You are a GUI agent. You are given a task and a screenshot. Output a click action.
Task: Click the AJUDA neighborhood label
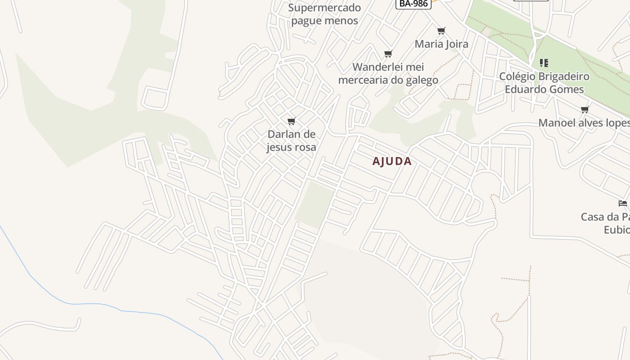pyautogui.click(x=392, y=162)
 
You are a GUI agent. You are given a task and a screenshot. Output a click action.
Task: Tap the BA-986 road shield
pyautogui.click(x=413, y=4)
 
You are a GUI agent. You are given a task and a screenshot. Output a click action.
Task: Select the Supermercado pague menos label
pyautogui.click(x=324, y=14)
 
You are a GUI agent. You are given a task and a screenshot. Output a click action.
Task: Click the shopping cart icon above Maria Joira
pyautogui.click(x=441, y=31)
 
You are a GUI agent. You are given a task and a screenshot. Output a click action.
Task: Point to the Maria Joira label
pyautogui.click(x=441, y=44)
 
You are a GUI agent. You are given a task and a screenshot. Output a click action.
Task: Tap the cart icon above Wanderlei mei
pyautogui.click(x=388, y=54)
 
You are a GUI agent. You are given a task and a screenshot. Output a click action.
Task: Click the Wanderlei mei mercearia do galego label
pyautogui.click(x=388, y=74)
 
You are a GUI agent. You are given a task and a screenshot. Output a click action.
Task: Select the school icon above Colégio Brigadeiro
pyautogui.click(x=544, y=63)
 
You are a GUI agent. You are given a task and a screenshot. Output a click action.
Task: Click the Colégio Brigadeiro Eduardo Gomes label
pyautogui.click(x=544, y=83)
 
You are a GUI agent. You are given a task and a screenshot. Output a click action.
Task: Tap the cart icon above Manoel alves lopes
pyautogui.click(x=585, y=109)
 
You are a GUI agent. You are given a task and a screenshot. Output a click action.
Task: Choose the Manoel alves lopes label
pyautogui.click(x=584, y=123)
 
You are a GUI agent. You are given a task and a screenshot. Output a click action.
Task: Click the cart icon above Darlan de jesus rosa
pyautogui.click(x=292, y=121)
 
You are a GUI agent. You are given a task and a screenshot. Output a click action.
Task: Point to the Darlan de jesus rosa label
pyautogui.click(x=292, y=141)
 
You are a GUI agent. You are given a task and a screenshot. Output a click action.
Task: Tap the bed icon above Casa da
pyautogui.click(x=623, y=203)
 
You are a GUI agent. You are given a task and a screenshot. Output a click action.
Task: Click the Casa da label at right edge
pyautogui.click(x=605, y=217)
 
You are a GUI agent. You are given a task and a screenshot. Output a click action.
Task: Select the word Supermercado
pyautogui.click(x=324, y=8)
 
